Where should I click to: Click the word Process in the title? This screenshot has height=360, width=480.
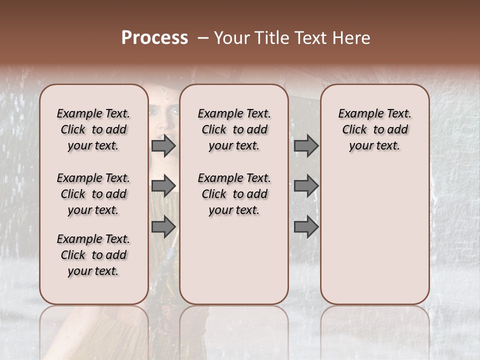[x=154, y=38]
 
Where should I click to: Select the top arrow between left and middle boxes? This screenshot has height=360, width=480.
[x=163, y=146]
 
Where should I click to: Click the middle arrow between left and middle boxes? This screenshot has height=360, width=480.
[x=163, y=185]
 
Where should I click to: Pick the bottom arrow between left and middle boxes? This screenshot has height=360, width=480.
[x=163, y=227]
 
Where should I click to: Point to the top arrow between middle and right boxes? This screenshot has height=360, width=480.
[x=306, y=146]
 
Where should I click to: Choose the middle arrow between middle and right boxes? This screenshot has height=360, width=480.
[x=306, y=185]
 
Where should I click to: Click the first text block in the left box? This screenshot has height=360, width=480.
[x=93, y=129]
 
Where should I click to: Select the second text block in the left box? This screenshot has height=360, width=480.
[x=93, y=194]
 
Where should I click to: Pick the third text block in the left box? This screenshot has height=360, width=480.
[x=93, y=255]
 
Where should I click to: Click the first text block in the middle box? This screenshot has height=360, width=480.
[x=234, y=129]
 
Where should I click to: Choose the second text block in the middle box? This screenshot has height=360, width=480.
[x=234, y=194]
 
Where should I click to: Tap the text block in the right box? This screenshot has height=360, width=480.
[x=374, y=129]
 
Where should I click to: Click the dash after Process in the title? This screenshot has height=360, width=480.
[x=202, y=38]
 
